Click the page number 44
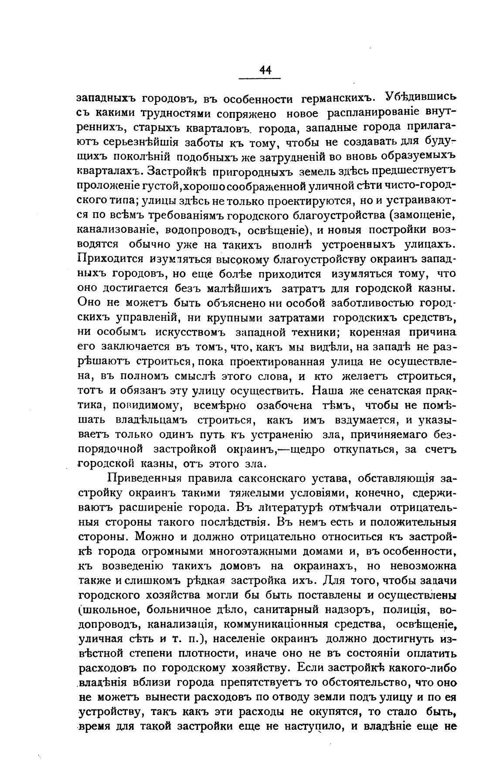pos(265,70)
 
